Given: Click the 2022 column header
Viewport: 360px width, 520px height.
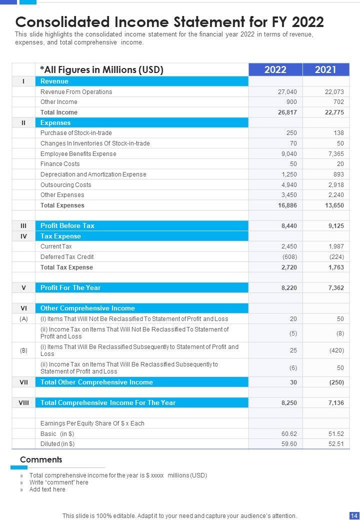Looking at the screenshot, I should [x=275, y=69].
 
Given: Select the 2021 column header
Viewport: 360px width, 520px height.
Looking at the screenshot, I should [x=325, y=69].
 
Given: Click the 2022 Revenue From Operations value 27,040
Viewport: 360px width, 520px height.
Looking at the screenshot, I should [x=287, y=92].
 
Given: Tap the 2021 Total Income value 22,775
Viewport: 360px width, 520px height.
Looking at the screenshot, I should [x=334, y=112].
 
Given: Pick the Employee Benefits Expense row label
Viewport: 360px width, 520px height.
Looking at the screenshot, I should [x=78, y=154].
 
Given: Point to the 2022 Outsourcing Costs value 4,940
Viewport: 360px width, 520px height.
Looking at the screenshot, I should [x=288, y=185].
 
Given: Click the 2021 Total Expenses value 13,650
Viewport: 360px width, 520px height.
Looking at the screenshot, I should [x=334, y=205].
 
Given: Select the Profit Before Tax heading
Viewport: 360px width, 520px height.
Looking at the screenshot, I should [x=67, y=226].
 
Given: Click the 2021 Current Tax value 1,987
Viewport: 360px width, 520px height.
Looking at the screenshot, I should [x=336, y=246].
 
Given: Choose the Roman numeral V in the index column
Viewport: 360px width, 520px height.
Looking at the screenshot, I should [x=23, y=288].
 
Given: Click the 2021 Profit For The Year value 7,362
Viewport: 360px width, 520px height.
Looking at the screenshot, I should [x=336, y=288].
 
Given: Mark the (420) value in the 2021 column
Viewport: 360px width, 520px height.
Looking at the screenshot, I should [x=336, y=350].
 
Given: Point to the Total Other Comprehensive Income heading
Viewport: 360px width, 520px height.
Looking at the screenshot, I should [x=96, y=382].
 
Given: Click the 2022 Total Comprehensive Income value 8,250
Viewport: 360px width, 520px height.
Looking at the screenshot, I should [x=288, y=403].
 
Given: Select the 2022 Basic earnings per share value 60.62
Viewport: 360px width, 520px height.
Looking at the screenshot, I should [x=289, y=434].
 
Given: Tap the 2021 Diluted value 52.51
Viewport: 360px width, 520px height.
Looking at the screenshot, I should [x=336, y=444].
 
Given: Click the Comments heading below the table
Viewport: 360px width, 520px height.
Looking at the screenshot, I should [x=41, y=460].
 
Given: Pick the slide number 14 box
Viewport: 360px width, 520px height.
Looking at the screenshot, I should [x=353, y=515].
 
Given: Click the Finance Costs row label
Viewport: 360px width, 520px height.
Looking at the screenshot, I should [x=60, y=164].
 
